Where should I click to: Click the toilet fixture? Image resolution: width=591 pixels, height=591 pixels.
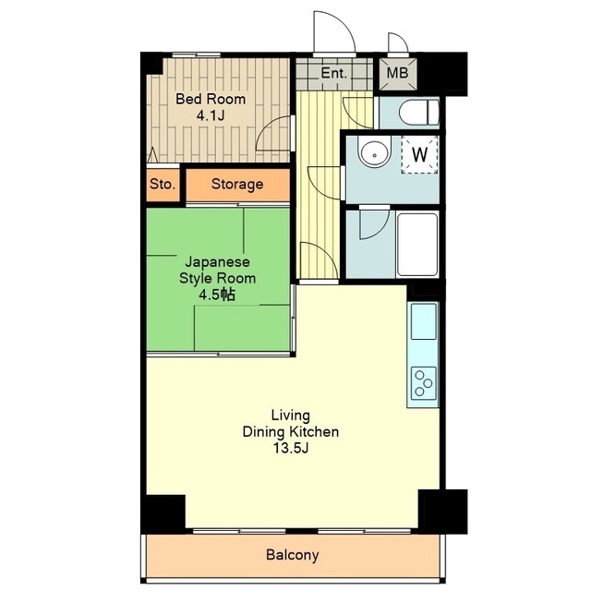pyautogui.click(x=419, y=112)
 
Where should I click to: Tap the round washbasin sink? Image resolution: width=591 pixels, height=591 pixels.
pyautogui.click(x=375, y=153)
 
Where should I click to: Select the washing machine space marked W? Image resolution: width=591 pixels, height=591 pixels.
pyautogui.click(x=420, y=154)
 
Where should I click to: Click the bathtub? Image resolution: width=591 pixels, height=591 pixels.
pyautogui.click(x=416, y=244)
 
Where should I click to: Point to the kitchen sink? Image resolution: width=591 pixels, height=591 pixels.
pyautogui.click(x=423, y=321)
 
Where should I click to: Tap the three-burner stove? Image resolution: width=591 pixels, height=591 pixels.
pyautogui.click(x=423, y=383)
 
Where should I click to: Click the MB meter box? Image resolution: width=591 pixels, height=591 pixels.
pyautogui.click(x=398, y=74)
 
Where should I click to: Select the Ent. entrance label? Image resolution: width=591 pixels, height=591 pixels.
pyautogui.click(x=333, y=73)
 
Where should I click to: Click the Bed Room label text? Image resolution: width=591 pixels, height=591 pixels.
pyautogui.click(x=211, y=99)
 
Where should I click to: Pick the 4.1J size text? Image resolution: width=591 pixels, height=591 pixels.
pyautogui.click(x=211, y=115)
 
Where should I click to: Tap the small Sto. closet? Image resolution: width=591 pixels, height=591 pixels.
pyautogui.click(x=163, y=185)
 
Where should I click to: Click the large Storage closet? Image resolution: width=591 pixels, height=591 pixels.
pyautogui.click(x=238, y=185)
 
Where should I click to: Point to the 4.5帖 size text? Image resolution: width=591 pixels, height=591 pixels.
pyautogui.click(x=217, y=295)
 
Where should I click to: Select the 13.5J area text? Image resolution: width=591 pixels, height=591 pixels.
pyautogui.click(x=291, y=449)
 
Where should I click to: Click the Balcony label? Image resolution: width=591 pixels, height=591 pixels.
pyautogui.click(x=293, y=555)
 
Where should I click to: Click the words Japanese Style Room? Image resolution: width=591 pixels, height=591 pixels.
pyautogui.click(x=218, y=271)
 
